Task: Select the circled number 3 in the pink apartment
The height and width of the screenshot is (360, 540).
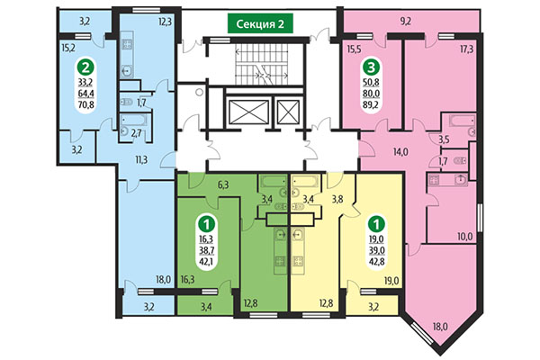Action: (369, 67)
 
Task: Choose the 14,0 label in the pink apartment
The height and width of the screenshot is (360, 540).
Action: (400, 153)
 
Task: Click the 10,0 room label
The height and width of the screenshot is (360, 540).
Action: (464, 236)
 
